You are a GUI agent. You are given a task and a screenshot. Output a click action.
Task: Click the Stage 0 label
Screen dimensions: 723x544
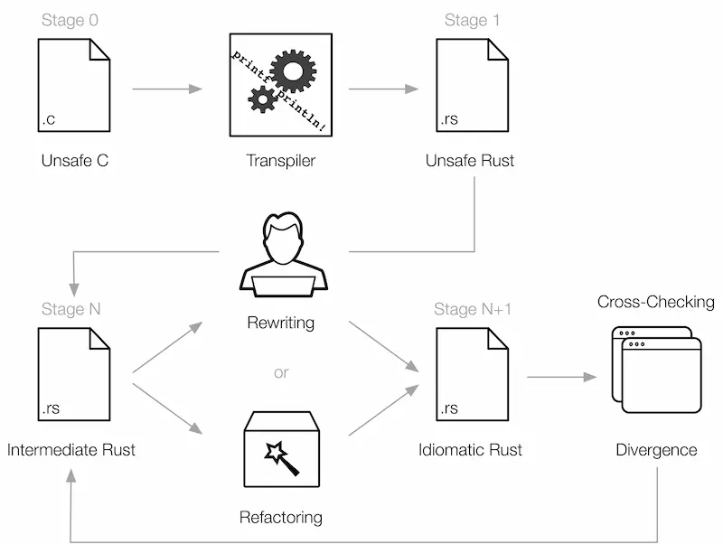point(70,20)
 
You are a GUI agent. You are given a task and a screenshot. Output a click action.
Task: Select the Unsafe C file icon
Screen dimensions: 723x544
point(74,85)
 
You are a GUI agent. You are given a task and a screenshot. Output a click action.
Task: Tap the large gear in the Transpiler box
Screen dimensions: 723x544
point(293,71)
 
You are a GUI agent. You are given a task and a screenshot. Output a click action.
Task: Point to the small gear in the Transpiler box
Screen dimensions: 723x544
point(263,99)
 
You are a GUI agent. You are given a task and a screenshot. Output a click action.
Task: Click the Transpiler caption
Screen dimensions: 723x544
point(281,161)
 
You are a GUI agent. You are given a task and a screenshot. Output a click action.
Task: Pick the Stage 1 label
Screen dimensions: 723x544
point(472,20)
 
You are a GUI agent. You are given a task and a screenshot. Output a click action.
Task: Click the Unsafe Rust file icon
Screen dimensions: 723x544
point(472,85)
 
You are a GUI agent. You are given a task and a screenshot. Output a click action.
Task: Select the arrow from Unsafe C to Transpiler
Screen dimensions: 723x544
point(167,89)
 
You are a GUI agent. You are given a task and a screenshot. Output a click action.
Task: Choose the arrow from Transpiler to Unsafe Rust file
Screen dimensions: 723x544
point(383,89)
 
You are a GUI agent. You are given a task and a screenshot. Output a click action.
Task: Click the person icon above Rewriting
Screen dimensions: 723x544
point(283,255)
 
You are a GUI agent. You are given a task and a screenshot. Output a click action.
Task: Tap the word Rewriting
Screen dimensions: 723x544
point(281,323)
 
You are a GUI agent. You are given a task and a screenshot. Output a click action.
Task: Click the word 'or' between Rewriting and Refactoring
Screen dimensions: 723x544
point(281,372)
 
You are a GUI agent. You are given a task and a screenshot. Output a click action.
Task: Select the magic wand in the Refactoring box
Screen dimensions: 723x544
point(282,458)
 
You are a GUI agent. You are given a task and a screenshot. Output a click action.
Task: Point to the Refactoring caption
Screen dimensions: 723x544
point(281,517)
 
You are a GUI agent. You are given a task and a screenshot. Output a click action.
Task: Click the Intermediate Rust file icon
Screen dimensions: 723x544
point(74,374)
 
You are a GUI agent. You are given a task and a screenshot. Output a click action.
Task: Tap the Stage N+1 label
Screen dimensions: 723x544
point(473,309)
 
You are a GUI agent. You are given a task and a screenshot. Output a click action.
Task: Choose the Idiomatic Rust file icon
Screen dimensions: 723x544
point(472,374)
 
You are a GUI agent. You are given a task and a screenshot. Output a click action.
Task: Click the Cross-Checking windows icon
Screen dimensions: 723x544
point(657,370)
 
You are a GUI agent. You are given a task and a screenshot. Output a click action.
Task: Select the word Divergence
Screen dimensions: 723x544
point(657,450)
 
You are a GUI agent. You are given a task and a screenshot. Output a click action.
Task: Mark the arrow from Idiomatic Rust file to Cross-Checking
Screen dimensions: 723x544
point(561,377)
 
